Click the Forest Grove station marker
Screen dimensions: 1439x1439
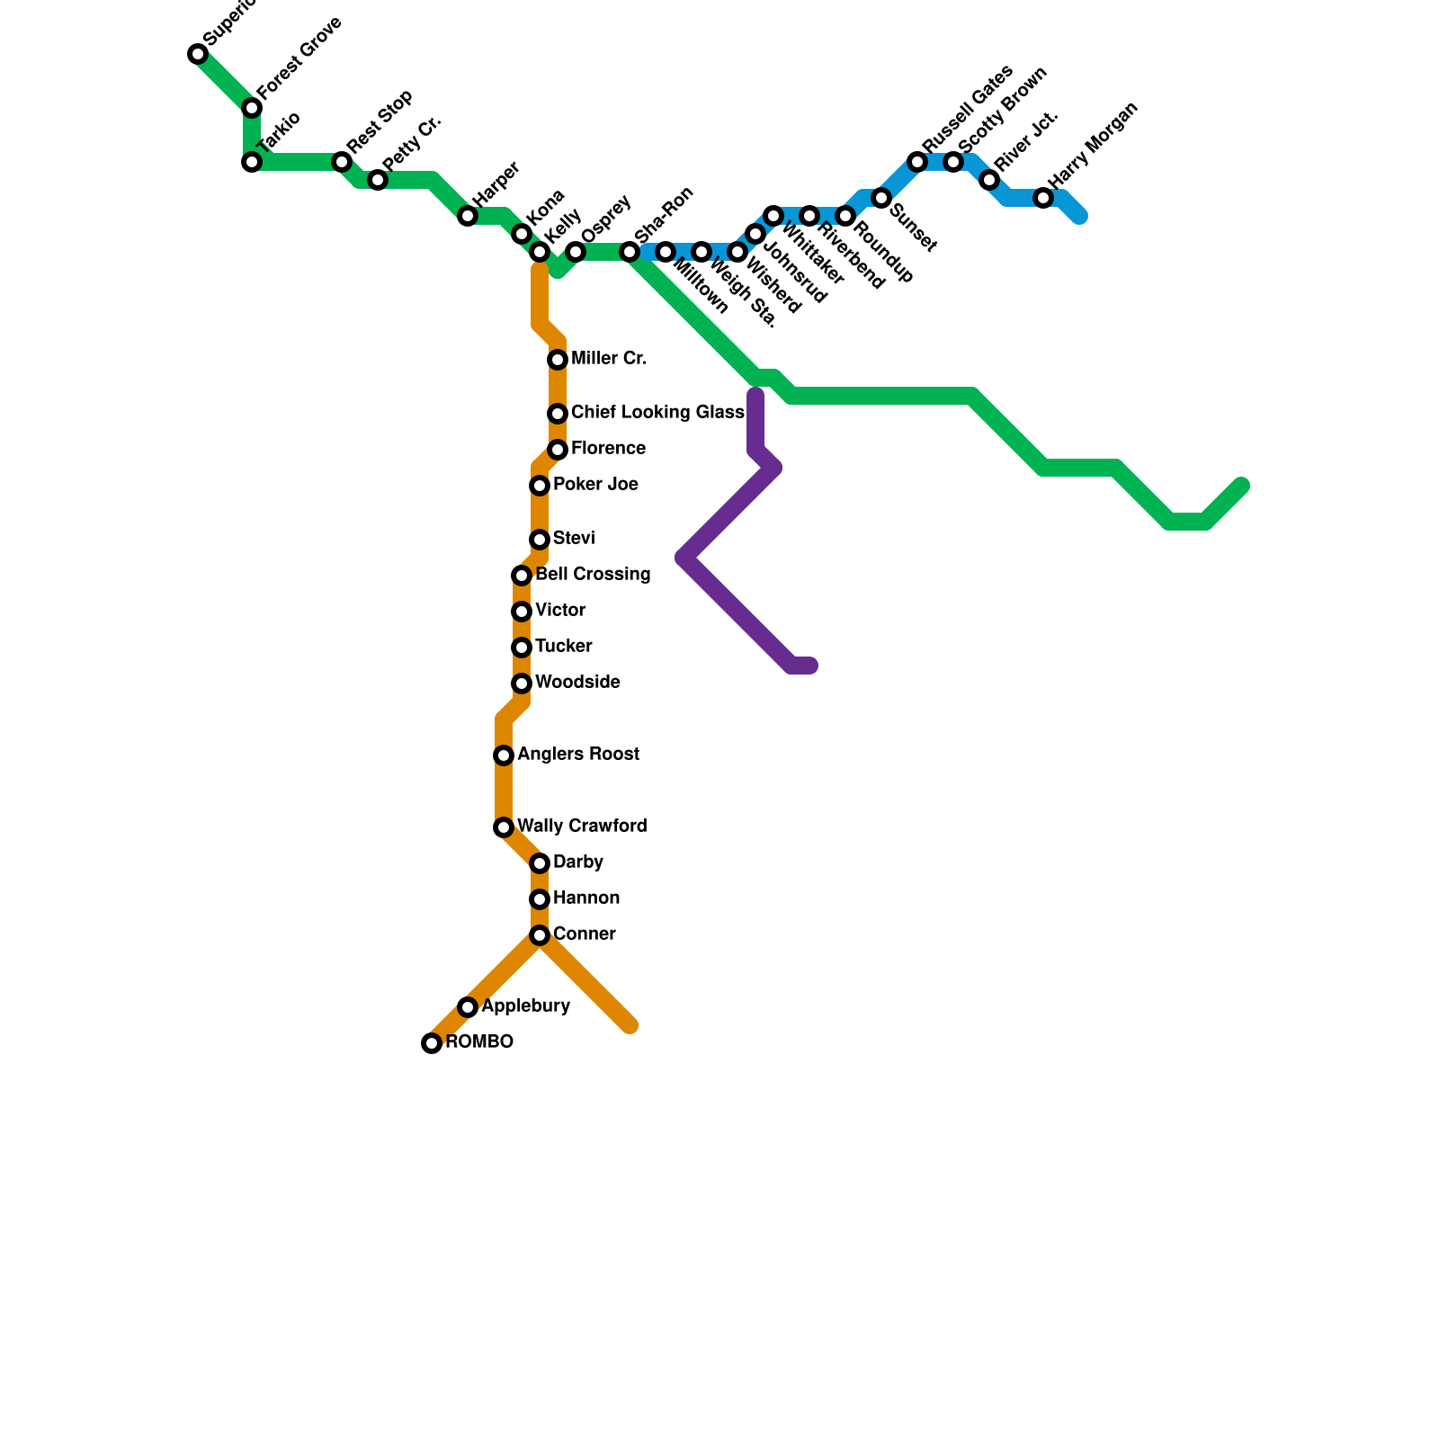[x=252, y=108]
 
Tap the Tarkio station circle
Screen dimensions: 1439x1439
[x=252, y=162]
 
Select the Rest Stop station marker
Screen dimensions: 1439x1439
[x=342, y=162]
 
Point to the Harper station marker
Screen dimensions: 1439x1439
[x=468, y=216]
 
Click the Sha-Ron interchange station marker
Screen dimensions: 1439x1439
[x=630, y=252]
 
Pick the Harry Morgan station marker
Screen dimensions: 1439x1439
[x=1043, y=198]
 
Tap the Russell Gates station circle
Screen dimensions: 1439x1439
[x=917, y=162]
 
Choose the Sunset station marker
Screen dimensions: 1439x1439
[x=881, y=198]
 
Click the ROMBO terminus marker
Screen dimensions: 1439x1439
[x=432, y=1043]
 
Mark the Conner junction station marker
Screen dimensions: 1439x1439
[x=540, y=935]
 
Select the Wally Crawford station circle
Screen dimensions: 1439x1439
[x=504, y=827]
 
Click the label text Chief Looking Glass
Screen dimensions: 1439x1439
[x=657, y=413]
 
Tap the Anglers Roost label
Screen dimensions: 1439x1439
[x=578, y=755]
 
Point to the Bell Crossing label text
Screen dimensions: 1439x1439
[x=593, y=575]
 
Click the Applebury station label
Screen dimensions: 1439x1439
[x=525, y=1006]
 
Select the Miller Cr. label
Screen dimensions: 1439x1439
[x=609, y=359]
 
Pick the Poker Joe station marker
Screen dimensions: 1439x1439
[x=540, y=486]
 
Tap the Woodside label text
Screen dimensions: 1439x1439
[x=577, y=683]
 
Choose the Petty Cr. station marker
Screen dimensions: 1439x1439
[x=378, y=180]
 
